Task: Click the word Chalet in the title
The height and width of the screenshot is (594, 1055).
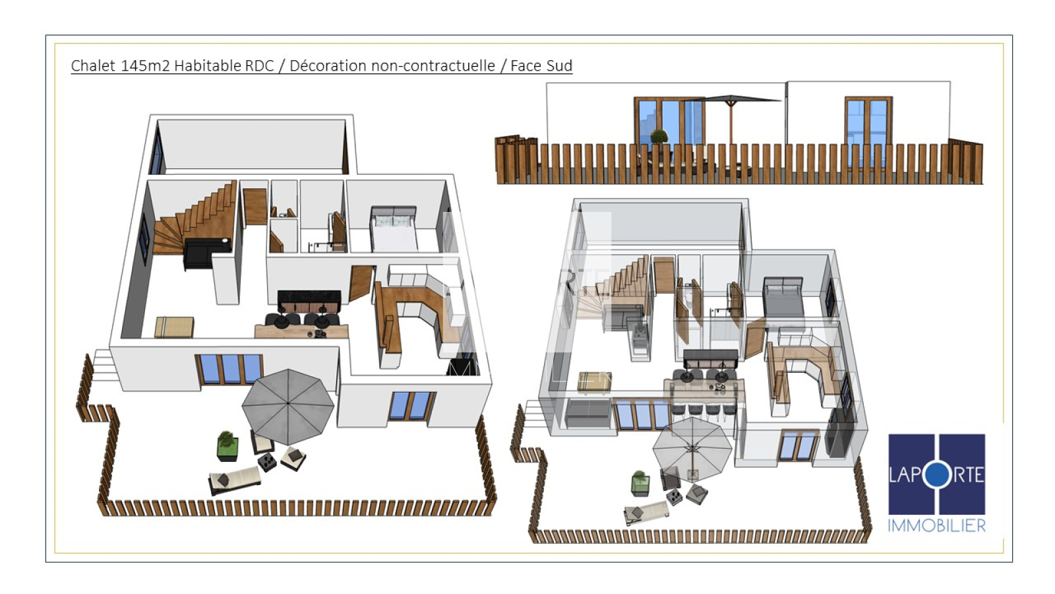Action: coord(93,65)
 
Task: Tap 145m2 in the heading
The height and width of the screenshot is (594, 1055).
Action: coord(145,65)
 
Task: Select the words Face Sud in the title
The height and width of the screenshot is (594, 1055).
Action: coord(541,65)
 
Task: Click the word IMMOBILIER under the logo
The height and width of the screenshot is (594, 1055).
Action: coord(936,525)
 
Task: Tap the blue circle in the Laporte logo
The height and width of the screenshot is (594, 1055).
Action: coord(937,475)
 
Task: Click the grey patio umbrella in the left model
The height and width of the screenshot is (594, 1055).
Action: coord(287,407)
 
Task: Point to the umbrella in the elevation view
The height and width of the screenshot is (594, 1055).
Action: coord(731,118)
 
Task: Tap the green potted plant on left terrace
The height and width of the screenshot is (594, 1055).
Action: coord(227,445)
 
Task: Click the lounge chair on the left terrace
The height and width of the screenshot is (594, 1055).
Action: coord(235,480)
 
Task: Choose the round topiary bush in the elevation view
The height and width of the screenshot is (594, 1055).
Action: coord(659,137)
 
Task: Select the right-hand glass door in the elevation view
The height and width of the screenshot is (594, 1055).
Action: coord(868,132)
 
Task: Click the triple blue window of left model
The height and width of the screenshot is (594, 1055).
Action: coord(229,370)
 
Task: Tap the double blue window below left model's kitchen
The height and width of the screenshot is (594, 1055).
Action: coord(411,405)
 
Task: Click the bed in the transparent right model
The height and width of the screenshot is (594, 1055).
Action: coord(783,298)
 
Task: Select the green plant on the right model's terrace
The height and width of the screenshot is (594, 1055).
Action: coord(640,483)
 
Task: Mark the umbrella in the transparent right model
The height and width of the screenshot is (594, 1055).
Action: coord(692,448)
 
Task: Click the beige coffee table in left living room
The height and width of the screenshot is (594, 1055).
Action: coord(174,327)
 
